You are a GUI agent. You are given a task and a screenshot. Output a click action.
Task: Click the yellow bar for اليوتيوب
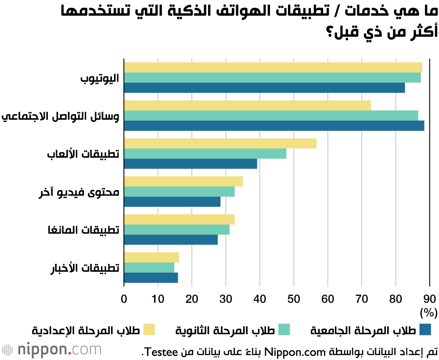(x=273, y=68)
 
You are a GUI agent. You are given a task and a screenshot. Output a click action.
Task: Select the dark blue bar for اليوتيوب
(x=264, y=88)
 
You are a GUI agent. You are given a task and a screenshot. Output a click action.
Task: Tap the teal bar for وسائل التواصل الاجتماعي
(x=271, y=115)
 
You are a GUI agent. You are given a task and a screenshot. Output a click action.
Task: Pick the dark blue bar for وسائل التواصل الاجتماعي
(x=274, y=126)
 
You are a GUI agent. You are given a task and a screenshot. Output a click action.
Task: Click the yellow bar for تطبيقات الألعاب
(x=220, y=143)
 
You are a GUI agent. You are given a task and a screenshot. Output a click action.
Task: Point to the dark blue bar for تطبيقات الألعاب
(x=191, y=163)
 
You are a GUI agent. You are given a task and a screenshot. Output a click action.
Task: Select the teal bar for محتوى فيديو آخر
(x=179, y=191)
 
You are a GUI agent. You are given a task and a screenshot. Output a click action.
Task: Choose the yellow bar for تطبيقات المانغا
(x=179, y=219)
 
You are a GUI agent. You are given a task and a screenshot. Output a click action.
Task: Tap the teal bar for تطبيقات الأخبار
(x=149, y=267)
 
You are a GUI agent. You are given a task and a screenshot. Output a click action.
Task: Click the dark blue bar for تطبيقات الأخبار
(x=151, y=277)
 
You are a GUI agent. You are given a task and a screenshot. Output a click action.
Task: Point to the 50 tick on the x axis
(x=294, y=299)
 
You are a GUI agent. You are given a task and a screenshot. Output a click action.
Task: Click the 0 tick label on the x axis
(x=124, y=299)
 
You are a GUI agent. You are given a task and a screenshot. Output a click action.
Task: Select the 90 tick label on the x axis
(x=429, y=299)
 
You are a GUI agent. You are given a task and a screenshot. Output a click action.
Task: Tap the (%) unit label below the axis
(x=428, y=313)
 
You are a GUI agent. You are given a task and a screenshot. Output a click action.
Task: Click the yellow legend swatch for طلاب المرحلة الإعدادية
(x=149, y=329)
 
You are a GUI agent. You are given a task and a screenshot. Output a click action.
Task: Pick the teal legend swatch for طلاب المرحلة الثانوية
(x=284, y=329)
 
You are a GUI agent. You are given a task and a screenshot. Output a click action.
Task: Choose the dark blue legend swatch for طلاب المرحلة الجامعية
(x=425, y=329)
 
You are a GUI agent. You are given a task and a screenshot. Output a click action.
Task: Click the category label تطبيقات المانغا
(x=83, y=230)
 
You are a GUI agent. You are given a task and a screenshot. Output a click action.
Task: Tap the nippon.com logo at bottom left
(x=51, y=350)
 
